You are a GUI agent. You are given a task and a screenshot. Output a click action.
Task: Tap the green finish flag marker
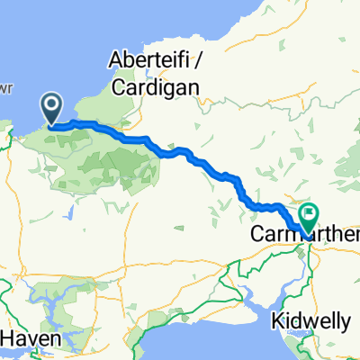(x=309, y=216)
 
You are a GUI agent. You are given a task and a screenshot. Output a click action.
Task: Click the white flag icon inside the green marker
(x=309, y=213)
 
